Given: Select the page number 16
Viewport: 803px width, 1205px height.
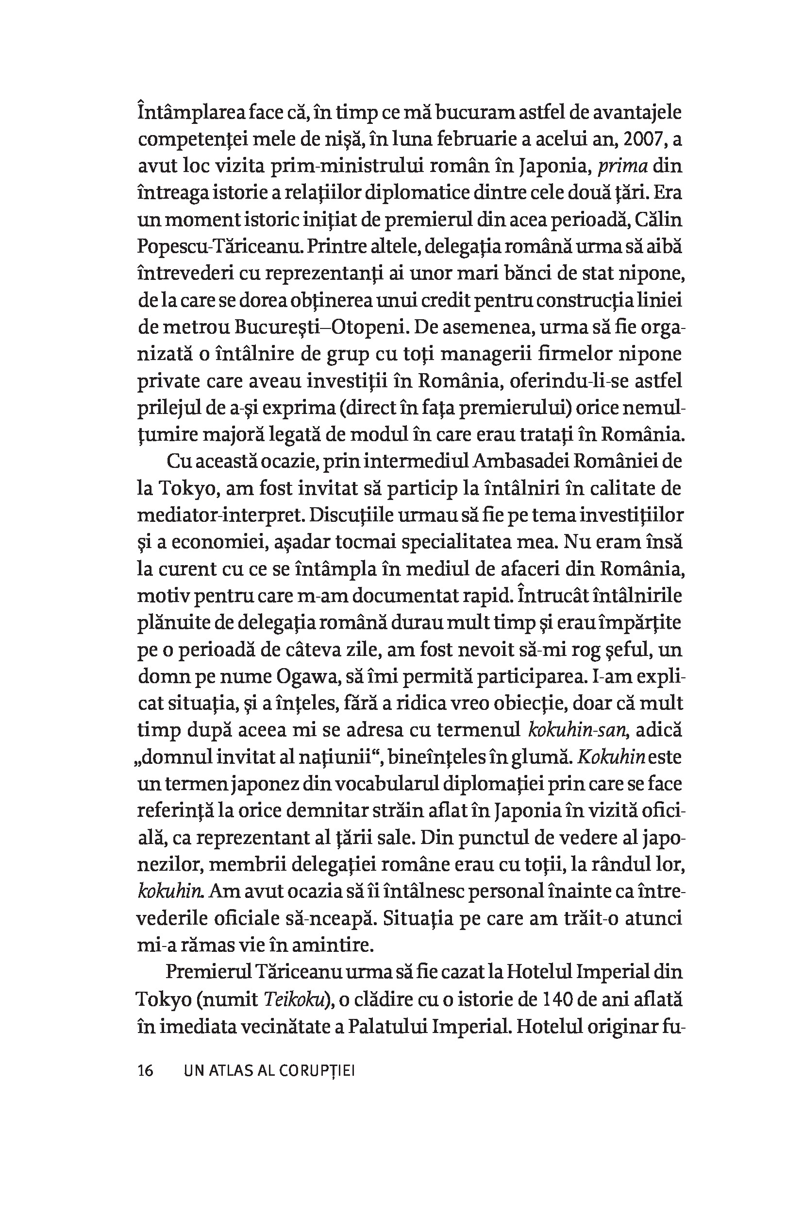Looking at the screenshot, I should click(x=146, y=1071).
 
